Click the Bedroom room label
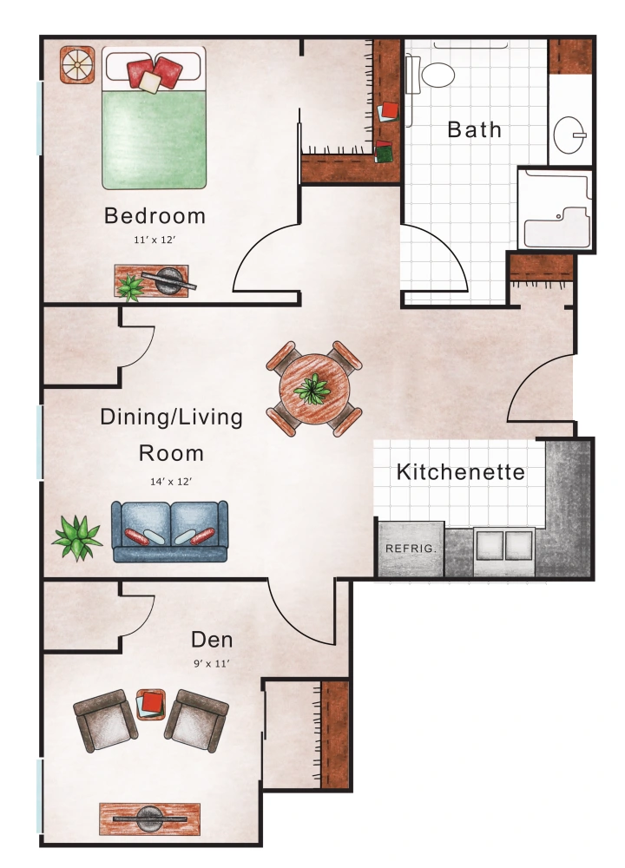(155, 215)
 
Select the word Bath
(474, 130)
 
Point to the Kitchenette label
(460, 472)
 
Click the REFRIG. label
(410, 549)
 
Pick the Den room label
(212, 640)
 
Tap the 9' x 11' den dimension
(212, 663)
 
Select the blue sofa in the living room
(168, 530)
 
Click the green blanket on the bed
(155, 139)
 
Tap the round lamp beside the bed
(76, 63)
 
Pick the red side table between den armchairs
(151, 703)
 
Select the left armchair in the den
(104, 720)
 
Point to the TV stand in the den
(149, 818)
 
